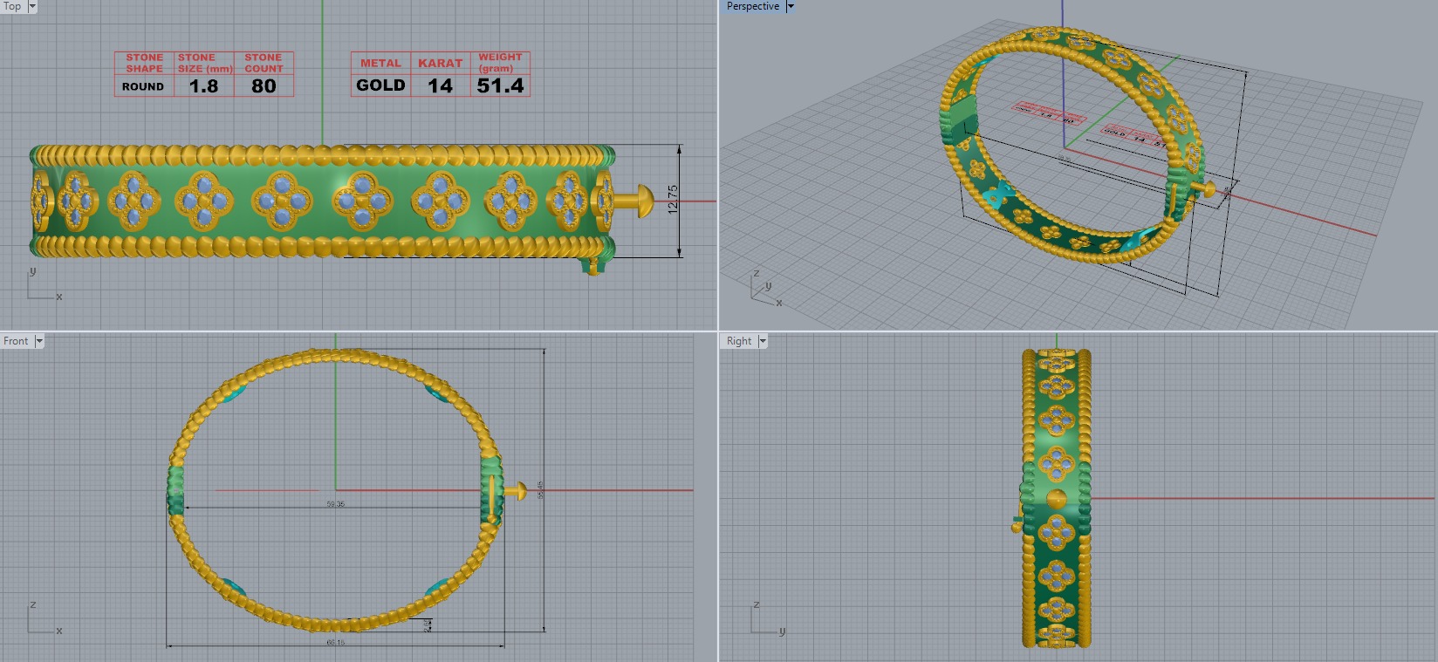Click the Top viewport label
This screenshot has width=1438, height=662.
pos(12,6)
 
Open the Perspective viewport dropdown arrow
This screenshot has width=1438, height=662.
pos(791,6)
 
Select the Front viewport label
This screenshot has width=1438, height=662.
pos(16,341)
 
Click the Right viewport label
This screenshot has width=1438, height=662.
pos(738,341)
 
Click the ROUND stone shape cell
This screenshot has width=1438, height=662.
pos(143,86)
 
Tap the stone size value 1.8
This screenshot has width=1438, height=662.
pos(203,85)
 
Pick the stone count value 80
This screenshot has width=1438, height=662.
pos(264,85)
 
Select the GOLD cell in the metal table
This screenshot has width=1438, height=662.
pos(380,85)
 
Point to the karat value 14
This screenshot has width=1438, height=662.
pos(440,85)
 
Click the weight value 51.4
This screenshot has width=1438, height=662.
pos(500,85)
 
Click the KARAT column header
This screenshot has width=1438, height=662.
pos(440,63)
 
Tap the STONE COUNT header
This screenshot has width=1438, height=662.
pos(264,63)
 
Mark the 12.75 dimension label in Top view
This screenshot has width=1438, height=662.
pos(672,200)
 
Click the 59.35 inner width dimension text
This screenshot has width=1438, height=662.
pos(335,504)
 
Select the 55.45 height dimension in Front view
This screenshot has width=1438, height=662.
pos(541,490)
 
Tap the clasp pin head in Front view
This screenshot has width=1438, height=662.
pos(520,491)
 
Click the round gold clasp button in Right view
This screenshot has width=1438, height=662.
pos(1056,500)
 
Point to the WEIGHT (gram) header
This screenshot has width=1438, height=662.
pos(500,63)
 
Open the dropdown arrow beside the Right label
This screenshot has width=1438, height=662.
pos(763,341)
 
